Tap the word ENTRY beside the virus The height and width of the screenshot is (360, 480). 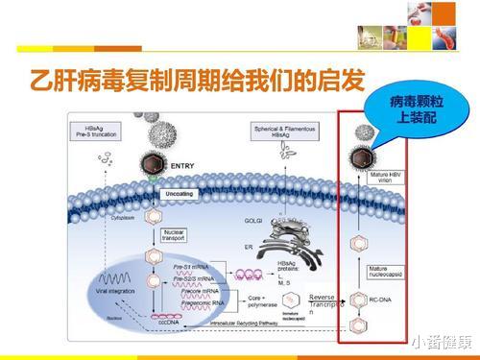tap(182, 165)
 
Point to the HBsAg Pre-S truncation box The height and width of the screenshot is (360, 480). tap(102, 132)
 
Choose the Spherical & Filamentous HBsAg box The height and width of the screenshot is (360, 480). tap(281, 132)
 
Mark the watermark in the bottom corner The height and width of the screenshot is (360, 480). tap(441, 342)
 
